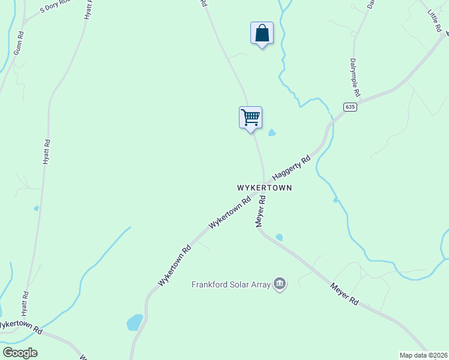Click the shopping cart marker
[x=250, y=117]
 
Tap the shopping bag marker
[x=262, y=33]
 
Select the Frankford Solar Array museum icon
[x=279, y=283]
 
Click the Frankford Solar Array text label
[x=231, y=284]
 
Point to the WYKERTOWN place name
[x=265, y=188]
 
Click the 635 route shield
[x=351, y=107]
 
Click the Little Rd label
[x=434, y=20]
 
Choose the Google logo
[x=20, y=352]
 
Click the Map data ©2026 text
[x=423, y=355]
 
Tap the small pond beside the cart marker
[x=272, y=133]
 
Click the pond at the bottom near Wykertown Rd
[x=135, y=322]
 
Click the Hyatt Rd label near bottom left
[x=25, y=305]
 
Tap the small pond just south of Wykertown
[x=279, y=237]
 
